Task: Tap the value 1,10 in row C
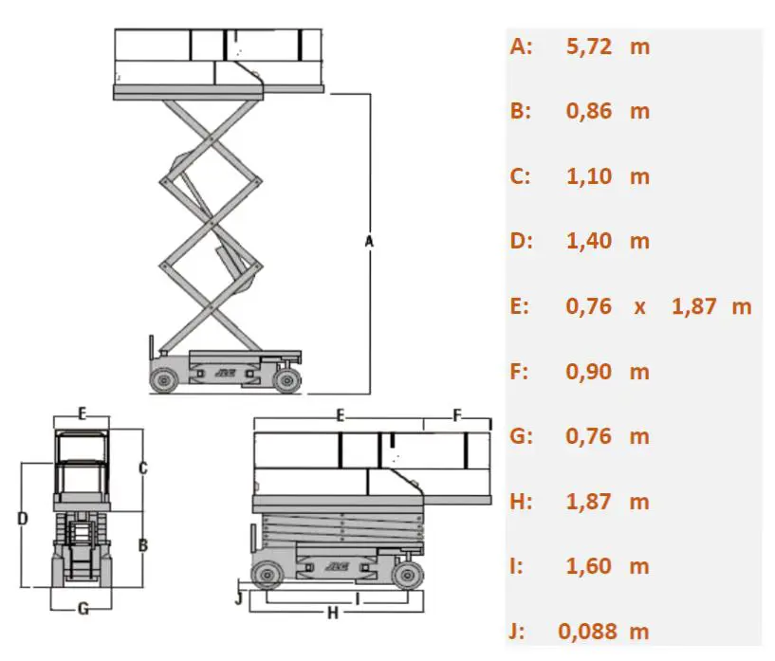pos(588,176)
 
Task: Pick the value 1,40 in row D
pos(588,241)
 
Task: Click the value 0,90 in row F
pos(588,372)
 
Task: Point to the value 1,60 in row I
pos(588,566)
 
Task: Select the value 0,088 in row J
pos(589,632)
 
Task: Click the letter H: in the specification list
pos(521,502)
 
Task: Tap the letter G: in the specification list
pos(521,436)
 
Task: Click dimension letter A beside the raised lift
pos(370,242)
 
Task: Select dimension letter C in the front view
pos(142,467)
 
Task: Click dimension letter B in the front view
pos(142,545)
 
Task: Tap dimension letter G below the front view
pos(83,609)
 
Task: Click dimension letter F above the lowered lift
pos(457,415)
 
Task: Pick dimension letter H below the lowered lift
pos(332,614)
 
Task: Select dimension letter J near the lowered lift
pos(239,598)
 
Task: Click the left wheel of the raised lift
pos(164,379)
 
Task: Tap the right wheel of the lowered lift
pos(408,575)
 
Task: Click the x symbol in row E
pos(640,306)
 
